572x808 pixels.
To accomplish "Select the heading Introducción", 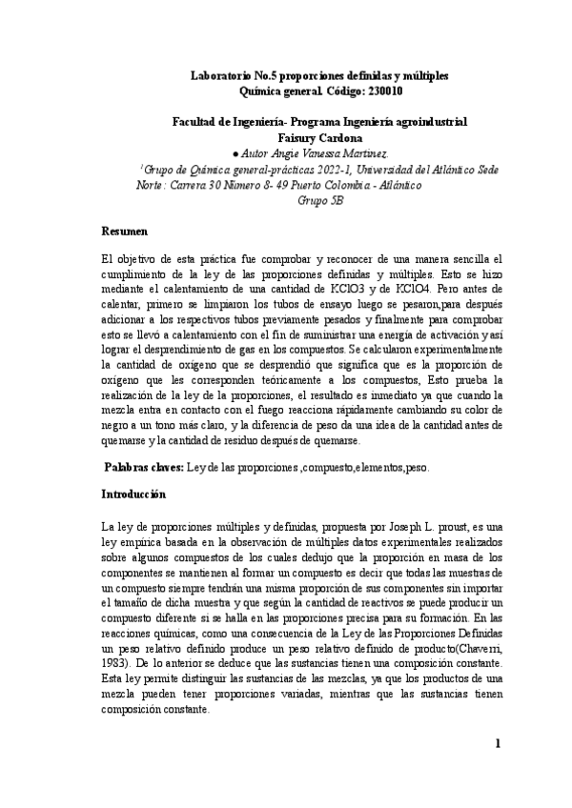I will coord(133,495).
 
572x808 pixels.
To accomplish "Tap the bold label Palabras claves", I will coord(141,469).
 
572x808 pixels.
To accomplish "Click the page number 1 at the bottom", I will coord(498,768).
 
